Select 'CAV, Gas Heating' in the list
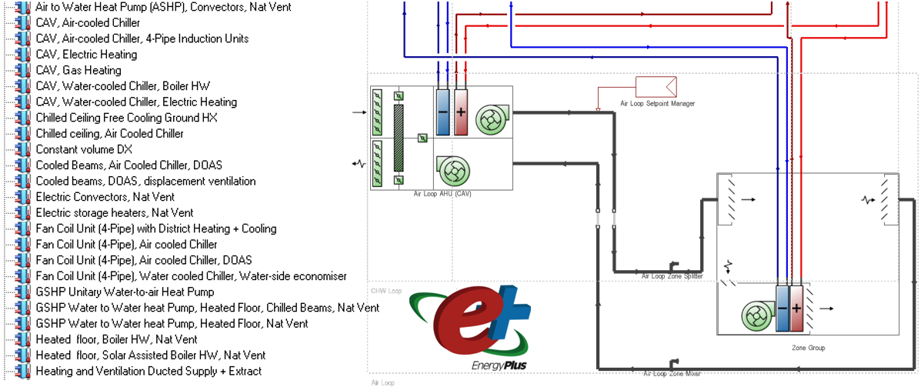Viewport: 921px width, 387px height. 78,70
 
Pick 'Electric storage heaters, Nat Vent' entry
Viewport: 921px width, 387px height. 114,212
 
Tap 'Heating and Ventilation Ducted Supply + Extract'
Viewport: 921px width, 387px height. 148,371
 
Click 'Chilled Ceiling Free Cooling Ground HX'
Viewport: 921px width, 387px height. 126,118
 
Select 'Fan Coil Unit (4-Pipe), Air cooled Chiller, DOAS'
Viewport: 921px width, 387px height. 143,260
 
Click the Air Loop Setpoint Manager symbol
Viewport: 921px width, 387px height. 656,86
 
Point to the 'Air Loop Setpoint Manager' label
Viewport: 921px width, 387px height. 657,103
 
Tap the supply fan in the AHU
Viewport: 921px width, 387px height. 489,118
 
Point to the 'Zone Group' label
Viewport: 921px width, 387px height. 808,348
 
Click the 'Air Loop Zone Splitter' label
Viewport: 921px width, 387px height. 672,275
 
